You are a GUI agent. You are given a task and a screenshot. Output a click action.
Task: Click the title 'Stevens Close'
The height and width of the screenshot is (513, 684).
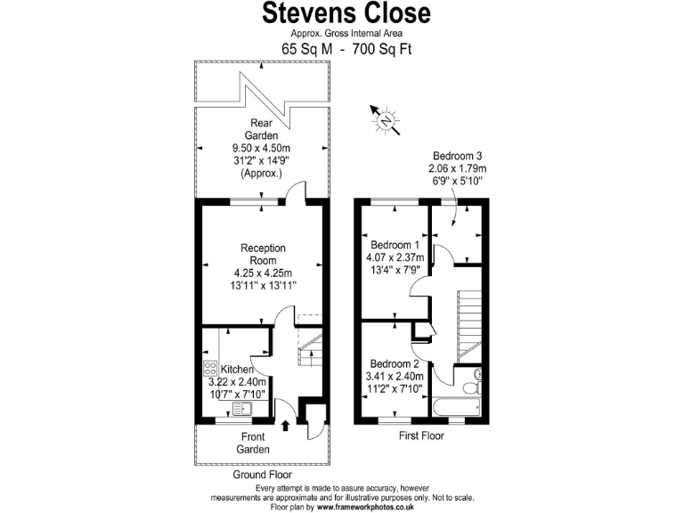pyautogui.click(x=346, y=13)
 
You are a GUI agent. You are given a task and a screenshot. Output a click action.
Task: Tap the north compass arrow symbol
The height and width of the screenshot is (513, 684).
pyautogui.click(x=386, y=119)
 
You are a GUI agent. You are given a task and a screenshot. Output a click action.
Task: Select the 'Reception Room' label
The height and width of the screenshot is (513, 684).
pyautogui.click(x=263, y=254)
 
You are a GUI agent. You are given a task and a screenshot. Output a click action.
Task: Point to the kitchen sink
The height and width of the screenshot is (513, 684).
pyautogui.click(x=242, y=409)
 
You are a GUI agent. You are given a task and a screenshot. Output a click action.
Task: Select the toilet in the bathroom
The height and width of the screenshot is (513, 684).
pyautogui.click(x=477, y=376)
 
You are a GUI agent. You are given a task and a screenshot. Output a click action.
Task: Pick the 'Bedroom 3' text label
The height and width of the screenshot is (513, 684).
pyautogui.click(x=458, y=154)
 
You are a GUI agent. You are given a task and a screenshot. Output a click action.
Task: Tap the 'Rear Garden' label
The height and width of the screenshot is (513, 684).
pyautogui.click(x=262, y=129)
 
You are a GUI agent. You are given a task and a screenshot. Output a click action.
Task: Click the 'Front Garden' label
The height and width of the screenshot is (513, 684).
pyautogui.click(x=253, y=443)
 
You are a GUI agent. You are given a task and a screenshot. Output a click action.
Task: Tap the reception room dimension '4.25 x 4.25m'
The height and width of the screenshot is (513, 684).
pyautogui.click(x=263, y=273)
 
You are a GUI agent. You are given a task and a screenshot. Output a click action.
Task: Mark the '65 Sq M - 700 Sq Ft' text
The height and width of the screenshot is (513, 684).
pyautogui.click(x=346, y=50)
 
